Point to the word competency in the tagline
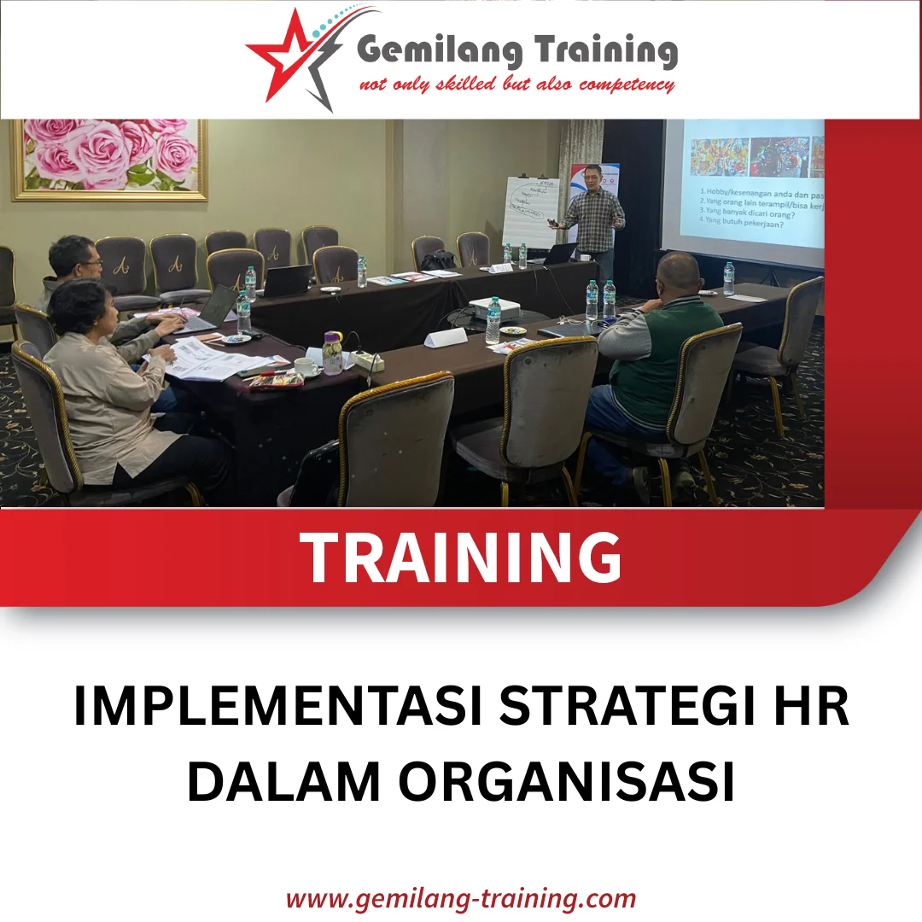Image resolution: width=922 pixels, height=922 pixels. [x=627, y=85]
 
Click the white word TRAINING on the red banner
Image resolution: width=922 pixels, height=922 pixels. [x=462, y=558]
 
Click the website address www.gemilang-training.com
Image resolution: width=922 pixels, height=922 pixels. [x=461, y=899]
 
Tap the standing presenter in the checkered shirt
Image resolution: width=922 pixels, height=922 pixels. [x=594, y=218]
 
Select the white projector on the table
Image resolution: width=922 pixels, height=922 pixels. [x=495, y=309]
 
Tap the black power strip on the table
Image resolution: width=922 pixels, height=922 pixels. [x=369, y=361]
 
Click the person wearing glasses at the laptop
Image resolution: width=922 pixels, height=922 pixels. [x=81, y=273]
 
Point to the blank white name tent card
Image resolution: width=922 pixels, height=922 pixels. [x=446, y=337]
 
